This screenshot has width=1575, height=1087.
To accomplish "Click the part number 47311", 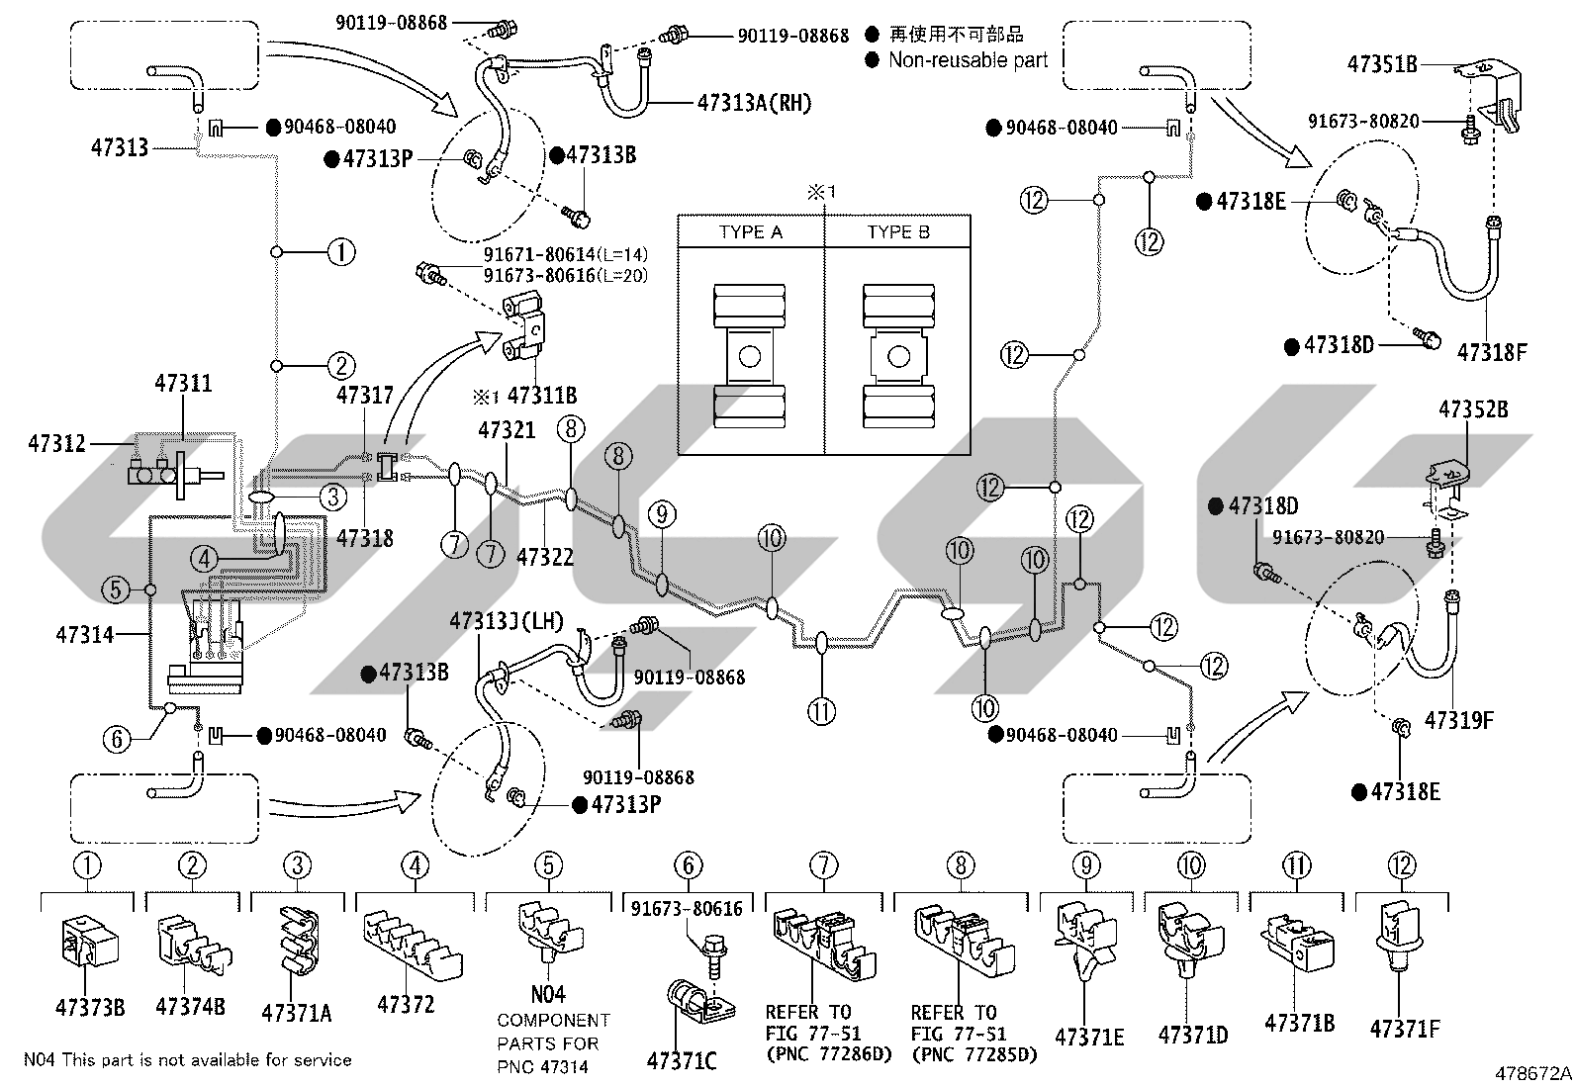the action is [x=183, y=383].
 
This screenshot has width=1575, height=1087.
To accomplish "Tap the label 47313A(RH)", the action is [x=755, y=103].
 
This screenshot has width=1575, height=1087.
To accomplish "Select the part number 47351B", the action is [x=1382, y=64].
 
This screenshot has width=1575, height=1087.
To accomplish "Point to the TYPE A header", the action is [x=750, y=232].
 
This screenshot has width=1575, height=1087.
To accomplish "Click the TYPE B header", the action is [x=898, y=232].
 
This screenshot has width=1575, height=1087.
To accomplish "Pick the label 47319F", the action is [x=1458, y=720].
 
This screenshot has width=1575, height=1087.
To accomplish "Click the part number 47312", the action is [x=57, y=444].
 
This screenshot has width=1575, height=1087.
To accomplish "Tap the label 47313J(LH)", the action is [x=507, y=621].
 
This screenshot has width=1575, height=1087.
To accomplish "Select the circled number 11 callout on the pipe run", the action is [x=821, y=711].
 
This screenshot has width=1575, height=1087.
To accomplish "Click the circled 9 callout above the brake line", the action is [x=662, y=514].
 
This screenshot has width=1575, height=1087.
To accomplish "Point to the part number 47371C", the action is [x=682, y=1061].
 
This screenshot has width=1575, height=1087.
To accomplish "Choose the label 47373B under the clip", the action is [x=90, y=1008].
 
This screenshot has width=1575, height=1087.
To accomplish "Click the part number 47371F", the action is [x=1405, y=1030].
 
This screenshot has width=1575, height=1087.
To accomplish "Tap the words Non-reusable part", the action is [x=969, y=60].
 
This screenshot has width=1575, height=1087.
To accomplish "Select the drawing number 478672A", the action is [x=1532, y=1073].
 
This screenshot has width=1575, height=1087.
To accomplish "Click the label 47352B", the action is [x=1473, y=409].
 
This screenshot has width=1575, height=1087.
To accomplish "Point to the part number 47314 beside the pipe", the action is [x=84, y=635].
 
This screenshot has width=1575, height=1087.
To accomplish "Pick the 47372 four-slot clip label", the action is [x=406, y=1005].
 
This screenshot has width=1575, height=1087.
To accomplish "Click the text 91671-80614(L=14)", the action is [x=565, y=254].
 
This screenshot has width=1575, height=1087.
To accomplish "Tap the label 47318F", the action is [x=1492, y=352].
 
